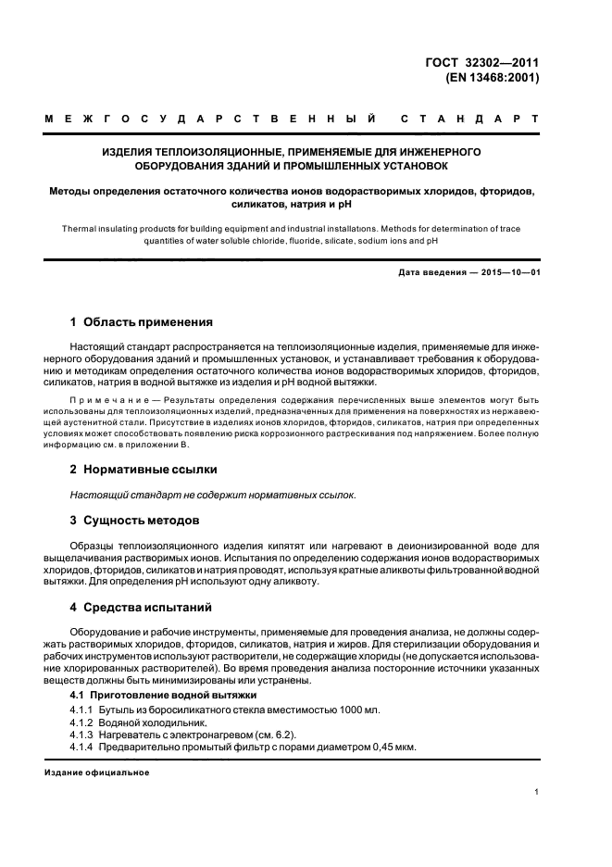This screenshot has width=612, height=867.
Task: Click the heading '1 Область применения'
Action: click(142, 322)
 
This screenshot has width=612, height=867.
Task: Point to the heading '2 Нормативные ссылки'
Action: click(144, 471)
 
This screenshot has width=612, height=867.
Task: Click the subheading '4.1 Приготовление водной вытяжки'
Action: click(164, 695)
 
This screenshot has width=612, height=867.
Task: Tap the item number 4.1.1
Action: click(83, 710)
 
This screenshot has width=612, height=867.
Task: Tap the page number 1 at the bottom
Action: click(538, 793)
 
